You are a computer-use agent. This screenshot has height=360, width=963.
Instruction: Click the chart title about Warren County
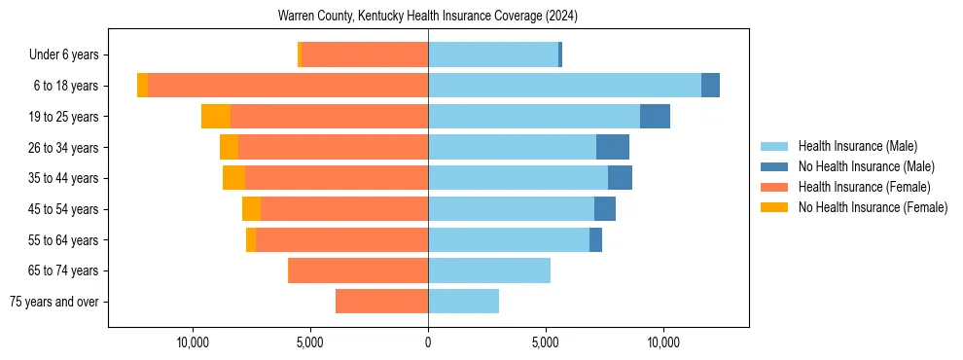428,16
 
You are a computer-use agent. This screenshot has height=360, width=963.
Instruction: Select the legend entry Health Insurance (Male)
856,146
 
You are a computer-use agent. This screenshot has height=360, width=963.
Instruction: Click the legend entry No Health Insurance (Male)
866,166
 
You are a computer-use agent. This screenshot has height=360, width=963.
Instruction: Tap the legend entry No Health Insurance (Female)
873,207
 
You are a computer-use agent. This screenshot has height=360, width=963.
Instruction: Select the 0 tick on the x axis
428,342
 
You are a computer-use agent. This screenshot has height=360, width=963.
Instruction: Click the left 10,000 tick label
193,342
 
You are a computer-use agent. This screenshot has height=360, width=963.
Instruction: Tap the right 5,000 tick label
546,342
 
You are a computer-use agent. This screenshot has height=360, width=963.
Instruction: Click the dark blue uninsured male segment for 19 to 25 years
655,116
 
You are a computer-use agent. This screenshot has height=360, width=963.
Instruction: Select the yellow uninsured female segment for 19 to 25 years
216,116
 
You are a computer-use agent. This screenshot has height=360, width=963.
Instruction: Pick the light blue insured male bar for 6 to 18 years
564,86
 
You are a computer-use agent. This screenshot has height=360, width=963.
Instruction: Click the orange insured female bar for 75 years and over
381,302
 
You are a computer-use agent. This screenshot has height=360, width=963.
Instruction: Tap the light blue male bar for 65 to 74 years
489,270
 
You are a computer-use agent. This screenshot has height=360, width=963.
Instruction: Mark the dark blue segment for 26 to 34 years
613,147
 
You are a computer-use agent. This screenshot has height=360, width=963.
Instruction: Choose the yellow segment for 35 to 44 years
233,178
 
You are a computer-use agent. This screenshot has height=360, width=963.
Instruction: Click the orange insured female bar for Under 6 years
365,54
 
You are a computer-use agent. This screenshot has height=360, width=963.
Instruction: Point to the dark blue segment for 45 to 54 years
605,209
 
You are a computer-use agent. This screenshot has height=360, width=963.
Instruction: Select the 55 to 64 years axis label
64,239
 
